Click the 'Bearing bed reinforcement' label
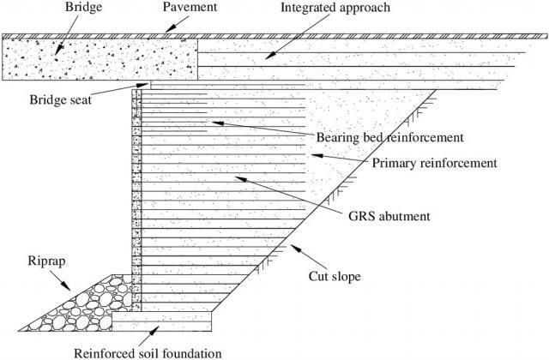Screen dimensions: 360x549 pos(389,137)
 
